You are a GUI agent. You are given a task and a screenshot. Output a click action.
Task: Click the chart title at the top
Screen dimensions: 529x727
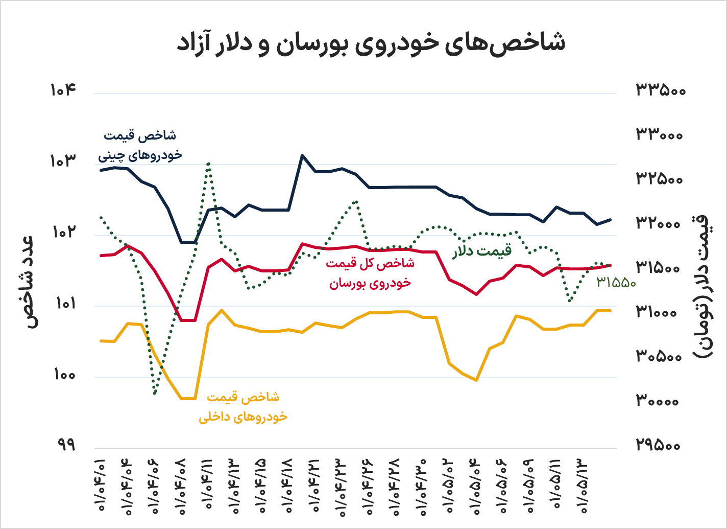coord(371,43)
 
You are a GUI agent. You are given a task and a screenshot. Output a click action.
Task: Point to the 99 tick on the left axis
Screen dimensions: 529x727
coord(64,445)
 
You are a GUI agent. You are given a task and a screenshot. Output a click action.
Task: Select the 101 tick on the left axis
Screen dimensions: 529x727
coord(64,304)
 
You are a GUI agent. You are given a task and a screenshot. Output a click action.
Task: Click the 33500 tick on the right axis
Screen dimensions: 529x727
coord(661,90)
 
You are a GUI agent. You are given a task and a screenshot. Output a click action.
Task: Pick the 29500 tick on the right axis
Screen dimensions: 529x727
coord(659,445)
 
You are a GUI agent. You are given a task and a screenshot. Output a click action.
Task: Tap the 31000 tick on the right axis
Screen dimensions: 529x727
coord(659,312)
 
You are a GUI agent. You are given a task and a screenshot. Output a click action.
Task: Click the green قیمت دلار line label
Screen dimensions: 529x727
coord(482,251)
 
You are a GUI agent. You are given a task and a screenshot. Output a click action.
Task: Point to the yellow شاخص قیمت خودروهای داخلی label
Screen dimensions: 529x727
coord(243,407)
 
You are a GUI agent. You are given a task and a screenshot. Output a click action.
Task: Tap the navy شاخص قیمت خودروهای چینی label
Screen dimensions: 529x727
coord(140,145)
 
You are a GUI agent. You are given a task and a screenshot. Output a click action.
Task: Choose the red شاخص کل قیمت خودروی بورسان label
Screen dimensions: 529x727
coord(370,273)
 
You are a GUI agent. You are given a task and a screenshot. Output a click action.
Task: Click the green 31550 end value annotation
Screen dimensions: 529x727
coord(616,282)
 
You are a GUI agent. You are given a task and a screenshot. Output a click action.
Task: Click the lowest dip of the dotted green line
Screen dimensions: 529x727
coord(155,393)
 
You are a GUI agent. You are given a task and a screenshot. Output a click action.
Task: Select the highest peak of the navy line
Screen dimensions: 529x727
coord(302,155)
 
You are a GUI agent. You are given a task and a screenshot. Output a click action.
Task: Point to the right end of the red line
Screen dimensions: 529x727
coord(610,265)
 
